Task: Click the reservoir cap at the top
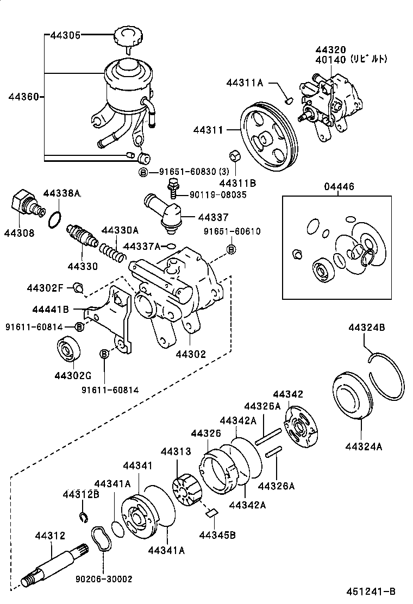pos(129,39)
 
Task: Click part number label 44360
pos(23,97)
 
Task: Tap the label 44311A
pos(245,83)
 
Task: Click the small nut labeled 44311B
pos(235,155)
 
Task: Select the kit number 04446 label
pos(339,187)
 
